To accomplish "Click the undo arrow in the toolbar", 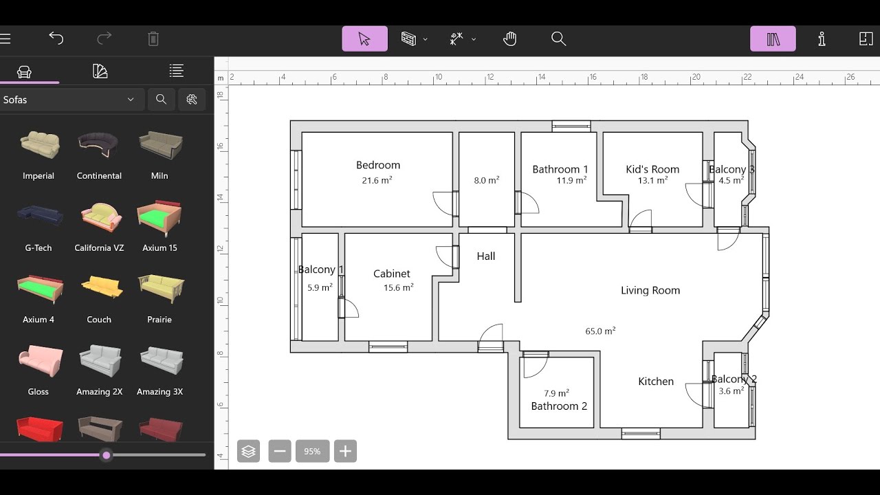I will [56, 38].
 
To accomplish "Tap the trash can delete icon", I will [153, 38].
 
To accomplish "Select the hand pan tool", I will [509, 38].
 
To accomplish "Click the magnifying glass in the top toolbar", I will [558, 38].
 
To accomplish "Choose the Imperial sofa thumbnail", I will [39, 145].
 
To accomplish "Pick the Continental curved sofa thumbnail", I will [99, 145].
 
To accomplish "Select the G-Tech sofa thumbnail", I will [39, 217].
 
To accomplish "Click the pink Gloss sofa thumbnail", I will [39, 361].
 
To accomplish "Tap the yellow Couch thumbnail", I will [99, 289].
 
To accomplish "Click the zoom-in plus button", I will [345, 451].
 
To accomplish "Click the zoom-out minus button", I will [279, 451].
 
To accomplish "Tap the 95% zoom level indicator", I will [312, 451].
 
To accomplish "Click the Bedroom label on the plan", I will [377, 165].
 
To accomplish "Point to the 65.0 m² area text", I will [600, 331].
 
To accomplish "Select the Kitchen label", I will [655, 382].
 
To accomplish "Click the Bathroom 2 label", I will [559, 406].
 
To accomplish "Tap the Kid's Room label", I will [652, 169].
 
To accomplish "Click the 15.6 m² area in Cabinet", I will [398, 288].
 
